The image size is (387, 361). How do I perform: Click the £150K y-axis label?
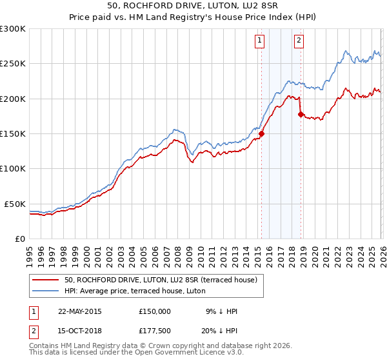point(13,133)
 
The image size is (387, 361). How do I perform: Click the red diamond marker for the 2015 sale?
point(261,134)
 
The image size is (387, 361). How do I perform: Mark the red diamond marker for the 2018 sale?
point(301,115)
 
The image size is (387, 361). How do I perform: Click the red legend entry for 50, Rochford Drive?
point(161,280)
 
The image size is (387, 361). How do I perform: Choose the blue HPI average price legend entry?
point(135,291)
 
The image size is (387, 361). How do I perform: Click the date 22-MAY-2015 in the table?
point(79,311)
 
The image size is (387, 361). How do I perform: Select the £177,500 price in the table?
point(155,331)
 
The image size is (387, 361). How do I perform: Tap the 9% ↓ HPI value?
point(221,311)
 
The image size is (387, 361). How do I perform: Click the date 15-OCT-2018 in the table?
point(79,331)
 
